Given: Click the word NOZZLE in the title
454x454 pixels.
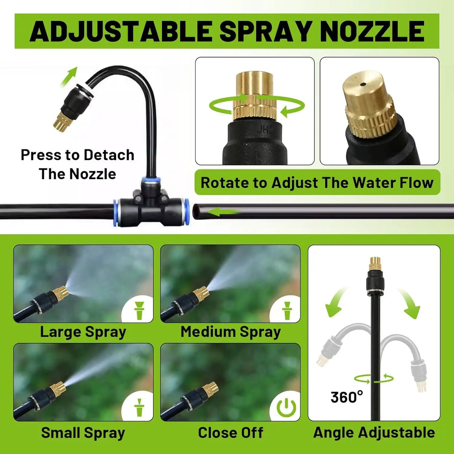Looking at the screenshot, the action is (x=372, y=31).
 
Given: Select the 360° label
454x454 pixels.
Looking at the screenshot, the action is (x=347, y=397).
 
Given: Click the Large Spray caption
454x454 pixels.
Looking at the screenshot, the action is (x=83, y=332).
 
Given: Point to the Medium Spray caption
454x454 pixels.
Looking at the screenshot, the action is (x=231, y=332).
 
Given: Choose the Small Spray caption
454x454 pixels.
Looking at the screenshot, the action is (x=83, y=433).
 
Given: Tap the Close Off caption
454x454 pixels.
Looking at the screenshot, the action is (x=231, y=433).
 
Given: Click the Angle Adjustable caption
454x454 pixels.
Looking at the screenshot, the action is (x=374, y=433).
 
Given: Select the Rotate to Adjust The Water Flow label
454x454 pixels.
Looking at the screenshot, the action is (x=317, y=183).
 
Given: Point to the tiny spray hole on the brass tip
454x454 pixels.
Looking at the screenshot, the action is (x=363, y=85).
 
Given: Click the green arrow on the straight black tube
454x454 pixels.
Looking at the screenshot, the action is (x=223, y=212).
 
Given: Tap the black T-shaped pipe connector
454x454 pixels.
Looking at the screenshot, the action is (x=149, y=206).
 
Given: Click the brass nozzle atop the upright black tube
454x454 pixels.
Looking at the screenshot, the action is (x=375, y=263).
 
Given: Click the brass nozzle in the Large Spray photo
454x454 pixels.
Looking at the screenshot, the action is (x=60, y=293).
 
